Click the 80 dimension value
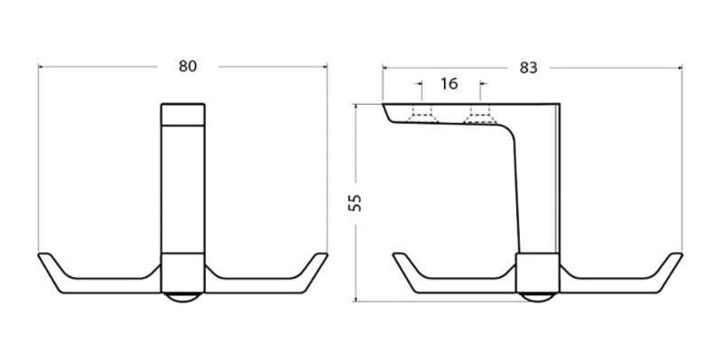point(188,66)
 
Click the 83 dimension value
point(528,68)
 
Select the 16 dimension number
point(449,84)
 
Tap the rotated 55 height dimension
point(355,203)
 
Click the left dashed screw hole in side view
point(422,115)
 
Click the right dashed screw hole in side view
point(480,115)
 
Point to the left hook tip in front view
point(43,254)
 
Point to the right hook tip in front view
point(322,254)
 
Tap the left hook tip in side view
point(398,254)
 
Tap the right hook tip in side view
point(676,254)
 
